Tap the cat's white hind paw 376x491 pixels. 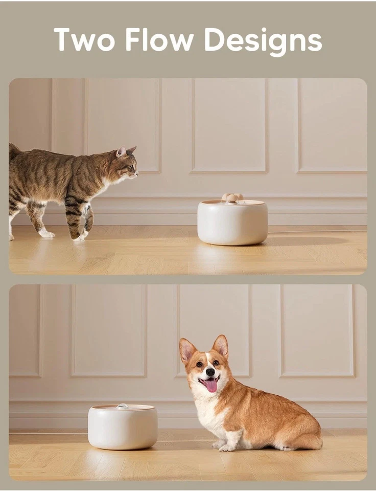click(46, 233)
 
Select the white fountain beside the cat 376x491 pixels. click(232, 223)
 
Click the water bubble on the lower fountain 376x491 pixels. click(122, 406)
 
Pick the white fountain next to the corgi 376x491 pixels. click(122, 427)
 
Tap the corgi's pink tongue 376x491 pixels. click(211, 385)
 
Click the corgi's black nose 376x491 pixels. click(210, 372)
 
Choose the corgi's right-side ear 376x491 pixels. click(221, 345)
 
